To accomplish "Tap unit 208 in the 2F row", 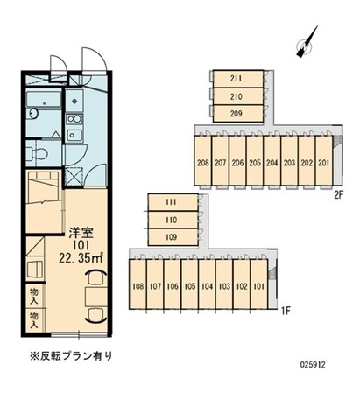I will tap(202, 162).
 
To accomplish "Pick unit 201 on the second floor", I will tap(323, 162).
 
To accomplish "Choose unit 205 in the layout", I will tap(254, 162).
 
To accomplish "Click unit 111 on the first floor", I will tap(171, 203).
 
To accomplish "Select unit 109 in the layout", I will tap(171, 235).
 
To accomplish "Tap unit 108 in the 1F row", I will tap(138, 285).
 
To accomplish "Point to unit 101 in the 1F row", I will tap(258, 285).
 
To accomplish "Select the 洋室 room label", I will tap(81, 232).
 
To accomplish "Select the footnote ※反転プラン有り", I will tap(70, 356).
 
